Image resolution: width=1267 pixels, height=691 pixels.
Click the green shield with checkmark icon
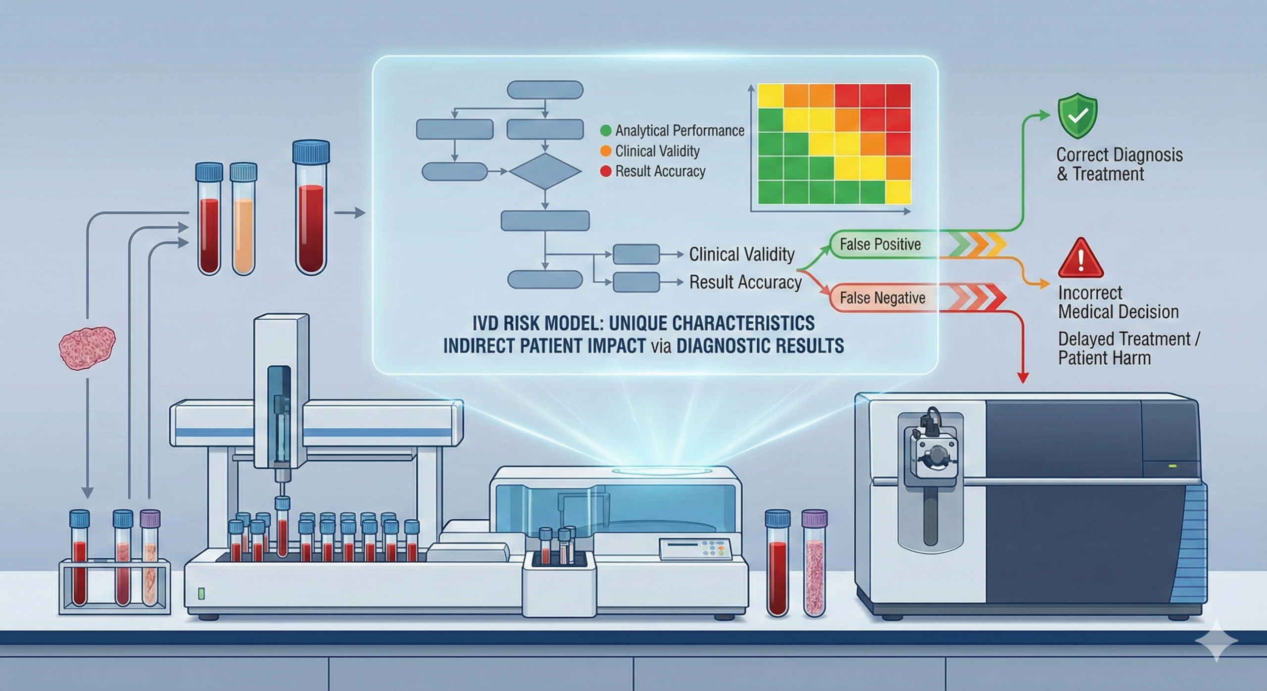click(x=1077, y=118)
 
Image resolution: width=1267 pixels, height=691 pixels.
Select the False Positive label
click(x=880, y=245)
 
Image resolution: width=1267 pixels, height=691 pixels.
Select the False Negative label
click(x=882, y=298)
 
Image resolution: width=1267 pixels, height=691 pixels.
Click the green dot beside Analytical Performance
click(x=605, y=131)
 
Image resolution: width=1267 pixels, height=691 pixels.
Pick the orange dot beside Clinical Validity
click(x=605, y=151)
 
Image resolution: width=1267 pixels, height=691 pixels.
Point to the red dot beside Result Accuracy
click(x=605, y=172)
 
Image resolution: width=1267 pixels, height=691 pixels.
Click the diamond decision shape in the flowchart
click(x=545, y=171)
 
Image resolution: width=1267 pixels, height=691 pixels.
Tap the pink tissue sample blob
click(x=87, y=346)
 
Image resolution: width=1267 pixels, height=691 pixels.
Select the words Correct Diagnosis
click(x=1120, y=155)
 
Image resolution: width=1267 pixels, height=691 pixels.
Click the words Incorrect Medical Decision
click(x=1118, y=302)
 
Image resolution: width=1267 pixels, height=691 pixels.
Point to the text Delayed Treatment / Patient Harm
click(x=1128, y=348)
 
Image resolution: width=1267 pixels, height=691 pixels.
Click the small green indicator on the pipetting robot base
click(x=201, y=593)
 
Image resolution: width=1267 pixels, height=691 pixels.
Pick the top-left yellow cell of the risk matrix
click(x=771, y=96)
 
